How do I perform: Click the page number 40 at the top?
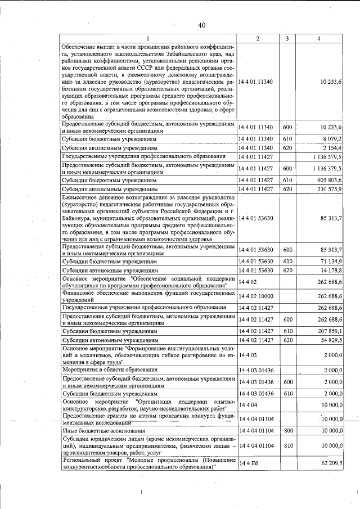(x=202, y=24)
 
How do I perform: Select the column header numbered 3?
(x=287, y=38)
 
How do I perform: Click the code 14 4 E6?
(x=249, y=462)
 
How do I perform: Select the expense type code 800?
(x=287, y=430)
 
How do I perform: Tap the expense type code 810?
(x=287, y=445)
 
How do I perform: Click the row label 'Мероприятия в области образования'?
(x=110, y=370)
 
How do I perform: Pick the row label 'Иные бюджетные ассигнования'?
(x=99, y=430)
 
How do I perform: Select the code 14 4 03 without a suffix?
(x=247, y=355)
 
